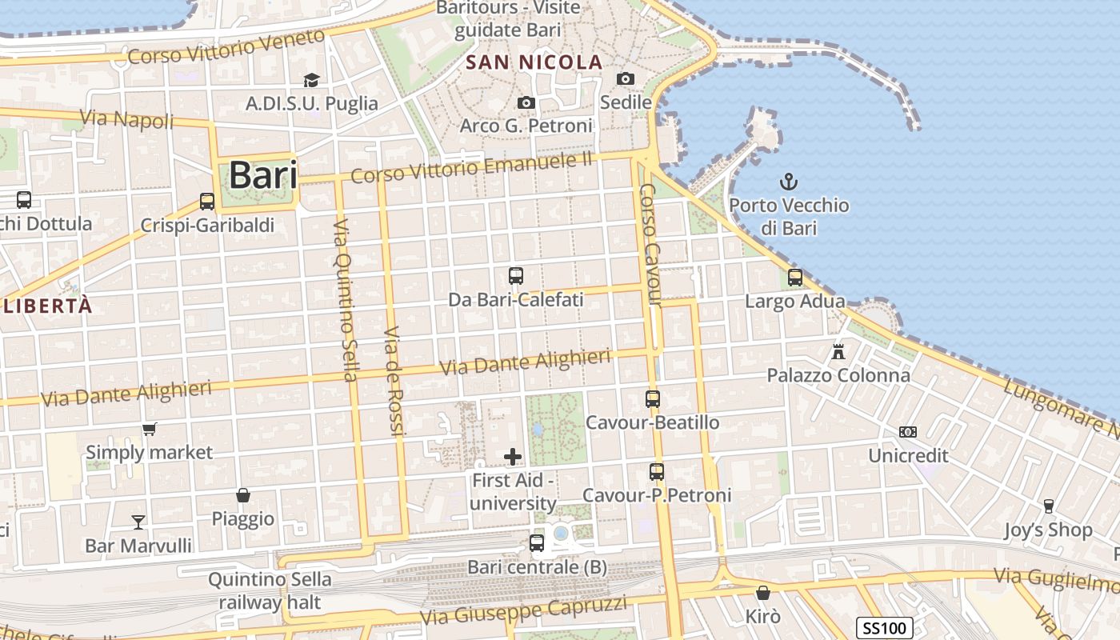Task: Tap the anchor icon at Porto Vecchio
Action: click(x=789, y=181)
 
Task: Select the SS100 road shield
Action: click(x=886, y=628)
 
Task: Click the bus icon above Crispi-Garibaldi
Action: click(x=207, y=202)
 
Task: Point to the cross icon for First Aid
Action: click(x=513, y=457)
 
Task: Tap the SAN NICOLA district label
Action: click(x=534, y=62)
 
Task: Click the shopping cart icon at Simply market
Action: click(x=149, y=430)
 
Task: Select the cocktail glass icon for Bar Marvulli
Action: click(x=138, y=522)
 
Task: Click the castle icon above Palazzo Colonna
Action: click(x=838, y=351)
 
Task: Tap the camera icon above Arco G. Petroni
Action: click(x=526, y=102)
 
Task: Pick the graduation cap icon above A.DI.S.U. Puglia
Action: click(x=311, y=80)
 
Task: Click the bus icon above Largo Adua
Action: click(x=794, y=278)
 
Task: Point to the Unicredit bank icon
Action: click(x=907, y=432)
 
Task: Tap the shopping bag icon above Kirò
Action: click(x=762, y=593)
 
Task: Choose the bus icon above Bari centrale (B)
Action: click(x=537, y=543)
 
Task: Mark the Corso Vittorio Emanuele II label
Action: click(x=471, y=168)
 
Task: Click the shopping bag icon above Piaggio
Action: click(x=243, y=496)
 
